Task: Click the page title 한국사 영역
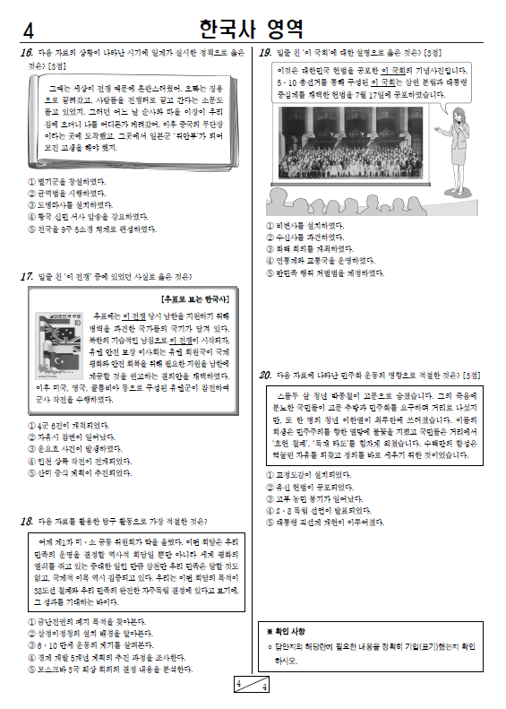pos(253,27)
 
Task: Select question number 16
pos(26,54)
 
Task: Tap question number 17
pos(26,277)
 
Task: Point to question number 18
pos(26,521)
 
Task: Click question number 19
pos(265,54)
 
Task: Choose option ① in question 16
pos(32,181)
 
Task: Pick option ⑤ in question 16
pos(32,229)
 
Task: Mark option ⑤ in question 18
pos(32,669)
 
